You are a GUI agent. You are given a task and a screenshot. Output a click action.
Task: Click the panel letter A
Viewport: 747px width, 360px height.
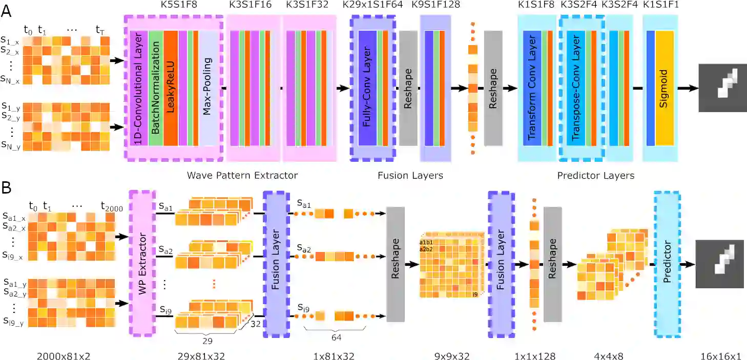(x=7, y=11)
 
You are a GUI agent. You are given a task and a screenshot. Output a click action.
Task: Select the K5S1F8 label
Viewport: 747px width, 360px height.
(x=174, y=6)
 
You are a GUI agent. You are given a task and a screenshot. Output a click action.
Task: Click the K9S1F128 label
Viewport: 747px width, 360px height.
(x=435, y=6)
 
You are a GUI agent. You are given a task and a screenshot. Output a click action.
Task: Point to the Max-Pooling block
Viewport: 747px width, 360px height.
(x=208, y=89)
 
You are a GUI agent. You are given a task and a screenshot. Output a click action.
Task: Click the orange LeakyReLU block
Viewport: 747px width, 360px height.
(x=170, y=89)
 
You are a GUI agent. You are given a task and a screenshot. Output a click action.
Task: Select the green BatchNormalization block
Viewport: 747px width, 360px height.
(x=156, y=89)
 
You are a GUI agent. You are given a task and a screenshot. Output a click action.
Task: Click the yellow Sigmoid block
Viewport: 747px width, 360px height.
(x=665, y=89)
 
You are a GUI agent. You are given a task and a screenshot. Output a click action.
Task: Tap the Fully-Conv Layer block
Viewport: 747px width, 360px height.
(x=367, y=89)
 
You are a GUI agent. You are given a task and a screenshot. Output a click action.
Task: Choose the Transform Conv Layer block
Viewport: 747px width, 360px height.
(x=531, y=89)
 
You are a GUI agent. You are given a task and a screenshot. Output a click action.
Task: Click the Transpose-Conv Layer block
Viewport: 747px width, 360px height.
(x=575, y=89)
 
